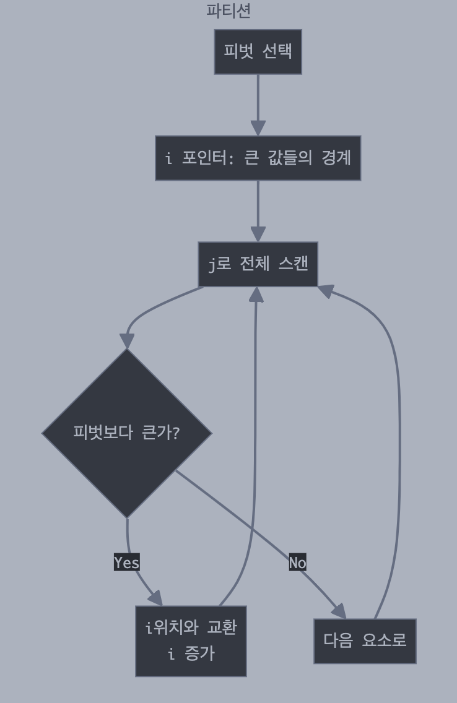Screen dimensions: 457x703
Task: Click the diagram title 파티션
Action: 228,11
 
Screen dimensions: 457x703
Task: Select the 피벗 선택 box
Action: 258,51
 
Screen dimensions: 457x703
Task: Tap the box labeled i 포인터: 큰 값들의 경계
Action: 258,158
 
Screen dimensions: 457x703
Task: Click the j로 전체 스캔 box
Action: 258,264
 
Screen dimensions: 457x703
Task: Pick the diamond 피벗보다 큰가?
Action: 127,433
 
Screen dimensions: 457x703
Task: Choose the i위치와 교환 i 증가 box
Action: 191,640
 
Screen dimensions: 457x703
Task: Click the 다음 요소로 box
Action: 365,640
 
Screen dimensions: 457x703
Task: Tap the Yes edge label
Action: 127,563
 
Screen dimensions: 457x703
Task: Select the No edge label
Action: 297,563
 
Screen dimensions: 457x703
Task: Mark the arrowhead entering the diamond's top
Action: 127,341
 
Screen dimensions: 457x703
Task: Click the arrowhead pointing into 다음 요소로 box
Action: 339,611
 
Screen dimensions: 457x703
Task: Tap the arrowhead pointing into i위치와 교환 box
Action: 155,598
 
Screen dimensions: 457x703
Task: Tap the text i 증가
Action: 191,653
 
